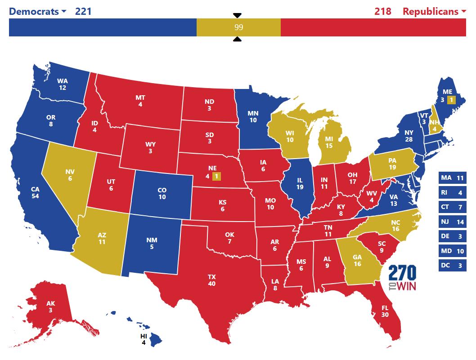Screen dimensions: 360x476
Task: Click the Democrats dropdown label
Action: pyautogui.click(x=37, y=11)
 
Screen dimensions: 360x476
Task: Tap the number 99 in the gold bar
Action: pyautogui.click(x=238, y=27)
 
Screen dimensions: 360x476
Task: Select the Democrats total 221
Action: pyautogui.click(x=83, y=11)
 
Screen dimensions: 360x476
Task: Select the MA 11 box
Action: pyautogui.click(x=452, y=178)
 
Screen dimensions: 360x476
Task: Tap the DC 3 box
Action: pyautogui.click(x=452, y=265)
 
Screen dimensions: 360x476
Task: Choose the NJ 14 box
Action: pyautogui.click(x=452, y=222)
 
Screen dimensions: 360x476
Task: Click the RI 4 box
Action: pyautogui.click(x=452, y=192)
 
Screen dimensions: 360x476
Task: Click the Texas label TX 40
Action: pyautogui.click(x=211, y=280)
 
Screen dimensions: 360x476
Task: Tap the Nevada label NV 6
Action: pyautogui.click(x=70, y=175)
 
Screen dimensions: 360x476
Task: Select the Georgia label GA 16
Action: pyautogui.click(x=357, y=261)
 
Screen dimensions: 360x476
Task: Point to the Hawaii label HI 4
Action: pyautogui.click(x=144, y=339)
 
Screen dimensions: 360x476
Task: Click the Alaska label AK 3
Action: pyautogui.click(x=50, y=307)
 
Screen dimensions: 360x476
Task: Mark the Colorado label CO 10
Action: pyautogui.click(x=162, y=194)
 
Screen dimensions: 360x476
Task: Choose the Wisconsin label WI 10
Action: pyautogui.click(x=290, y=136)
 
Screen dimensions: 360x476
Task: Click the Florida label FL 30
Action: pyautogui.click(x=385, y=311)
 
